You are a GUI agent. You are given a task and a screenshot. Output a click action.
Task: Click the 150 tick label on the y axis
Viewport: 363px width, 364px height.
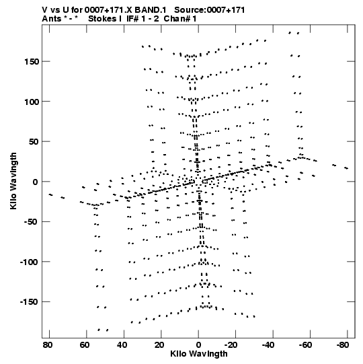(32, 62)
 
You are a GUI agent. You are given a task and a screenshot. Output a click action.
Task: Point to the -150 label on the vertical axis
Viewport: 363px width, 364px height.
(29, 302)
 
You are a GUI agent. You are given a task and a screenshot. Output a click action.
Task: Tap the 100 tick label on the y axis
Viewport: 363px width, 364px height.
(32, 102)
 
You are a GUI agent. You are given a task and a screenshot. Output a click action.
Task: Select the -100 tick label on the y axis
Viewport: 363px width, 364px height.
(29, 262)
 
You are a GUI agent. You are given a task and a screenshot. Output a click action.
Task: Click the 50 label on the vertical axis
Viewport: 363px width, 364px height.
(34, 142)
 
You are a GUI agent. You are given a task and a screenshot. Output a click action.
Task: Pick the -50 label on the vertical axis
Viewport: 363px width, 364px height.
(32, 222)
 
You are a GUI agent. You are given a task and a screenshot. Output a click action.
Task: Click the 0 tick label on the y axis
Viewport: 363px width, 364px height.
(36, 182)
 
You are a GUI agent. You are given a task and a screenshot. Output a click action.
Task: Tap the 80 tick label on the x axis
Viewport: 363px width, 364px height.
(48, 345)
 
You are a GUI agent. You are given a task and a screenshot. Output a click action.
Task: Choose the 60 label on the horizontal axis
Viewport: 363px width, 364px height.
(85, 345)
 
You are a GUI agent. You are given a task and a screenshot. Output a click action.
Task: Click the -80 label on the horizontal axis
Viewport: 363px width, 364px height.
(343, 345)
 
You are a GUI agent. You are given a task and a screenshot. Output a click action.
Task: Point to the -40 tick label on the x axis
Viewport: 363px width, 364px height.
(268, 345)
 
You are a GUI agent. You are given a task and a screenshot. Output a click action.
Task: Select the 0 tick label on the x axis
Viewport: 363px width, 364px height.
(198, 345)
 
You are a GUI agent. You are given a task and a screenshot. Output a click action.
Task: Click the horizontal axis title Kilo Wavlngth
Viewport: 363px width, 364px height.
(199, 354)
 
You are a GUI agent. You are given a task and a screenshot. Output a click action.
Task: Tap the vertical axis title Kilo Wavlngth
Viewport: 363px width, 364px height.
(13, 181)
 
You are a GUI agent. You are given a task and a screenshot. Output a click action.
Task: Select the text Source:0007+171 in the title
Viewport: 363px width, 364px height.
(210, 10)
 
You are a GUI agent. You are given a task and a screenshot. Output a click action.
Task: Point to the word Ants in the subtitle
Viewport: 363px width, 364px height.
(52, 19)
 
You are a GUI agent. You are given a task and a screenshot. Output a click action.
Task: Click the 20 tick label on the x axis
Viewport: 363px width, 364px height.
(159, 345)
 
